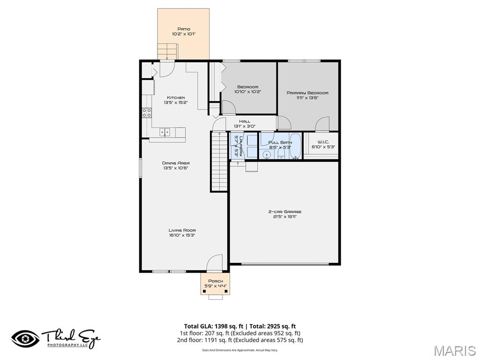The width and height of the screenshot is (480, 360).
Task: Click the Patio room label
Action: click(183, 29)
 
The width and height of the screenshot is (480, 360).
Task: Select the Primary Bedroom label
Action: click(307, 93)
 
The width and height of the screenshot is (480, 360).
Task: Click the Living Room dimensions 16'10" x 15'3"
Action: click(182, 235)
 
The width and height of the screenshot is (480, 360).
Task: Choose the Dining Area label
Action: click(176, 163)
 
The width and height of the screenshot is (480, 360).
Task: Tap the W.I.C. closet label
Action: click(323, 142)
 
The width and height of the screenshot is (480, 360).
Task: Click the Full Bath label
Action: click(280, 142)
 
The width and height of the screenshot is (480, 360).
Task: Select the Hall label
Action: click(245, 121)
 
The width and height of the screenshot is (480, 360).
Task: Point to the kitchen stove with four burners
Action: click(147, 112)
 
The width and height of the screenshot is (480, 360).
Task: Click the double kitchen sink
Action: click(165, 132)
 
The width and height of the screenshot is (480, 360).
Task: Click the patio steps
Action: click(168, 51)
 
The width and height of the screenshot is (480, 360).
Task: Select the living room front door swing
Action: click(214, 262)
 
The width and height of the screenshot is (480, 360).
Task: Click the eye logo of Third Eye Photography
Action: click(26, 339)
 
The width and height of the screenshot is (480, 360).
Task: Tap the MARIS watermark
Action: click(454, 350)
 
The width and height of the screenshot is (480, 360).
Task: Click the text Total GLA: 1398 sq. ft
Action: click(213, 326)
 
